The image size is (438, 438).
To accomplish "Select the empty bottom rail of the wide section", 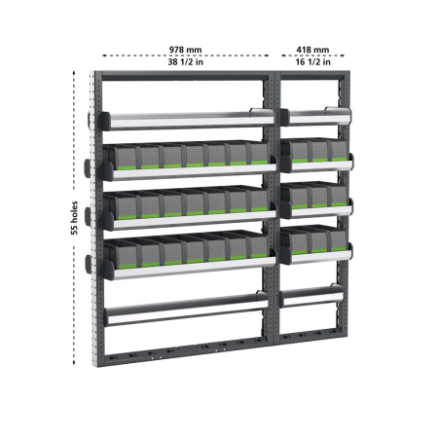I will click(x=185, y=313).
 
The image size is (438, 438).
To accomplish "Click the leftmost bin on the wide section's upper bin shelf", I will click(x=127, y=158).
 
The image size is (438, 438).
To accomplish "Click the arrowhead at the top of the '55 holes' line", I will click(x=75, y=74).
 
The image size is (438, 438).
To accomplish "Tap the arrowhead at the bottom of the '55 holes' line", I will click(x=75, y=364).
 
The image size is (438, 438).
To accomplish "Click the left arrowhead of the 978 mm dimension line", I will click(x=100, y=55).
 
